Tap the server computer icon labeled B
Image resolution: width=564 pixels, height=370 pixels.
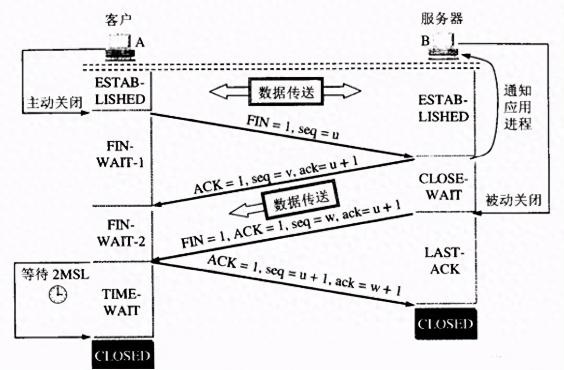tap(443, 46)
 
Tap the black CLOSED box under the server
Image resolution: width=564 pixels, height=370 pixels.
tap(445, 324)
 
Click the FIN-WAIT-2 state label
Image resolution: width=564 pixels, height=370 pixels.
tap(121, 233)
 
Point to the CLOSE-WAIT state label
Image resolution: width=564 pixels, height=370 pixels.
tap(441, 187)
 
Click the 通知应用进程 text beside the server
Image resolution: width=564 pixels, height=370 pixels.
tap(517, 108)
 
